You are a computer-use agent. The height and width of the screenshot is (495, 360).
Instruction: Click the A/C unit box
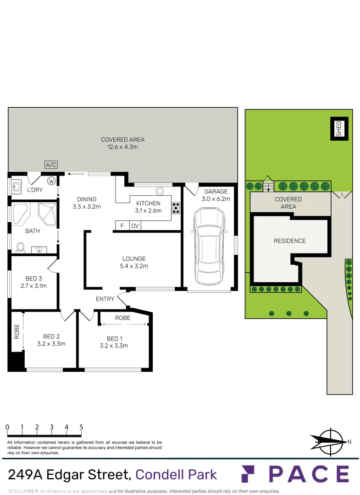pyautogui.click(x=50, y=165)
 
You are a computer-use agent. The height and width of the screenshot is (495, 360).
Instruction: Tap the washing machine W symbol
pyautogui.click(x=51, y=181)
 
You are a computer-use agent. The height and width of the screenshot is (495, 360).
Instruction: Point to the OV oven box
pyautogui.click(x=135, y=225)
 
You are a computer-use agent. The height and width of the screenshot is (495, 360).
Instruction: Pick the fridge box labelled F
pyautogui.click(x=122, y=225)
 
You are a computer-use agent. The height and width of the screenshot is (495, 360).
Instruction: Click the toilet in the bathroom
pyautogui.click(x=20, y=247)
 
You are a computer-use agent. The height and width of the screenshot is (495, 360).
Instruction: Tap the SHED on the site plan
pyautogui.click(x=339, y=128)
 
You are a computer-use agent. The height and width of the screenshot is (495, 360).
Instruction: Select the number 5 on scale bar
pyautogui.click(x=81, y=427)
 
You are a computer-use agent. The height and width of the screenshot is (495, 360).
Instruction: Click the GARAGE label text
pyautogui.click(x=216, y=192)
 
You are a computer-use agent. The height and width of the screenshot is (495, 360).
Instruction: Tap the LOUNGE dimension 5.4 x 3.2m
pyautogui.click(x=134, y=266)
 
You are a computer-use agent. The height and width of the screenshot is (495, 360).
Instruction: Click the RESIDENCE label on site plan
pyautogui.click(x=289, y=241)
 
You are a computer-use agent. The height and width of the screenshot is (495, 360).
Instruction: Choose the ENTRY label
pyautogui.click(x=105, y=299)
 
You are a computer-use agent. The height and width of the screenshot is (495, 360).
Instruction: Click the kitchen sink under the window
pyautogui.click(x=160, y=191)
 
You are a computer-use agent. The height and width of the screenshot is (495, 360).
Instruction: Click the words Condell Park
pyautogui.click(x=176, y=474)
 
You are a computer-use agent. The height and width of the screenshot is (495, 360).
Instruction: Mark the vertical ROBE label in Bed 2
pyautogui.click(x=17, y=331)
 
